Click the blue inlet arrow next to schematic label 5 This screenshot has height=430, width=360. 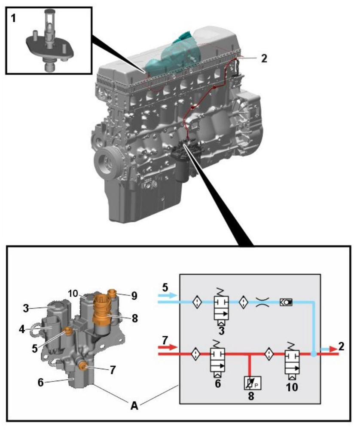click(x=167, y=295)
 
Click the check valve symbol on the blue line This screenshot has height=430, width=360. click(x=286, y=302)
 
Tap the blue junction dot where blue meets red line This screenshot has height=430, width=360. click(x=314, y=354)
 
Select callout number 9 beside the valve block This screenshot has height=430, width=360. click(x=134, y=295)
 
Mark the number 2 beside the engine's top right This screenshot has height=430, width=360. click(x=264, y=58)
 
